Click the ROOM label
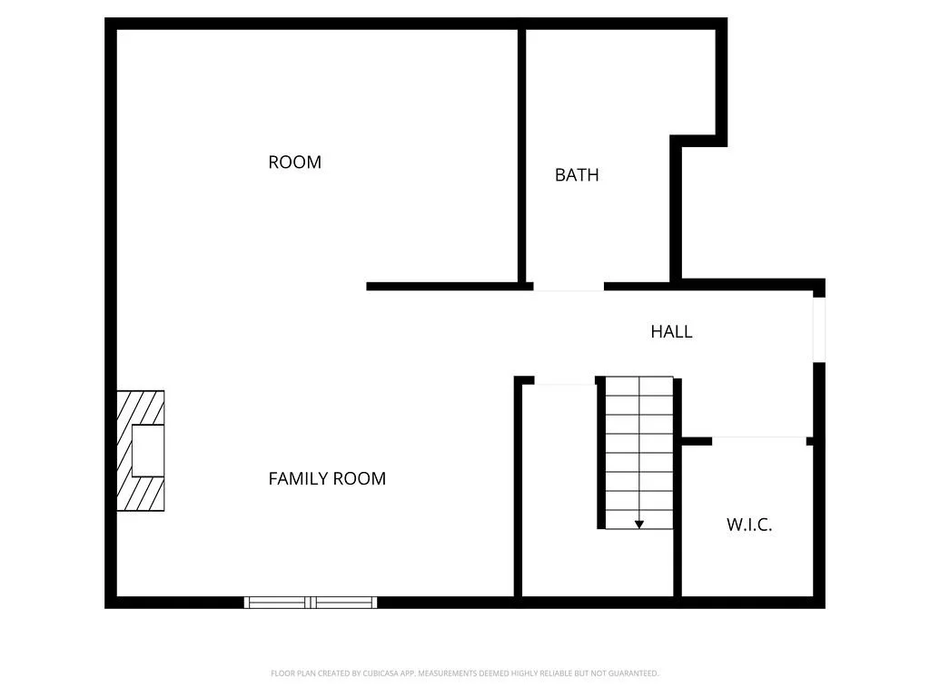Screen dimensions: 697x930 (294, 162)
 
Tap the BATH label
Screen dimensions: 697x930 (577, 175)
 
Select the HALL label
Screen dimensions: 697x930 (671, 332)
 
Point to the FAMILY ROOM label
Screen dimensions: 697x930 (327, 478)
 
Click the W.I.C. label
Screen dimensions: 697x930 (749, 525)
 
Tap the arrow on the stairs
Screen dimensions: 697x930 (639, 524)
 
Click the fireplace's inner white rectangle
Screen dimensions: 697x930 (148, 450)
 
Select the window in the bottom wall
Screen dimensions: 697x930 (311, 602)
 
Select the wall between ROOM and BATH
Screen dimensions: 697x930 (522, 154)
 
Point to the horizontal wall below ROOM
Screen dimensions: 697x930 (449, 287)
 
